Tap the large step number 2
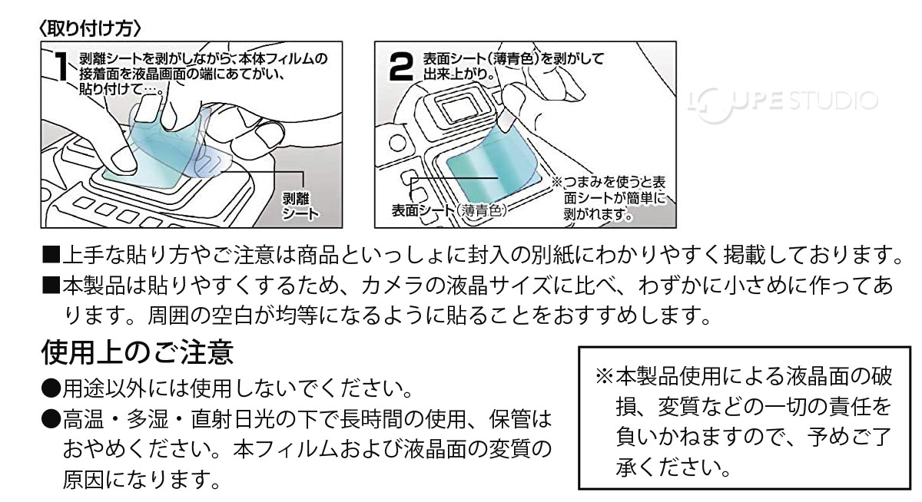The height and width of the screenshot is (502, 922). [x=402, y=68]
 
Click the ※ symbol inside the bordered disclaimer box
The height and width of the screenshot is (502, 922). [x=604, y=377]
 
